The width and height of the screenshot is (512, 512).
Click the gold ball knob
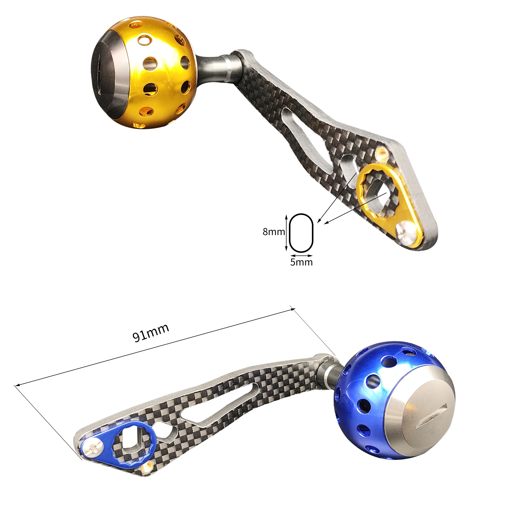tap(143, 74)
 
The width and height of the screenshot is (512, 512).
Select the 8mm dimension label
tap(273, 232)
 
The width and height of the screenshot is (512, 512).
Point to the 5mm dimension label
tap(301, 262)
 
